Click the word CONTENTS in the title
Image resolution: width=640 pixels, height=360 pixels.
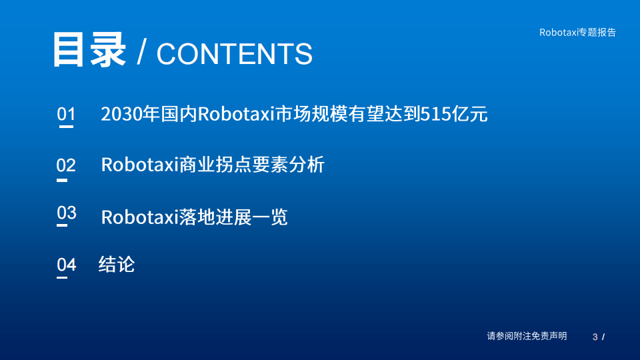pos(234,54)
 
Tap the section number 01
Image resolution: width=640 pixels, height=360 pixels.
pos(66,114)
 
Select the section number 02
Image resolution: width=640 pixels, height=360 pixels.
pos(66,165)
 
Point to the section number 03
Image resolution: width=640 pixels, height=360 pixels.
pos(67,213)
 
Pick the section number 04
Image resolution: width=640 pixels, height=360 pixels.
pos(66,265)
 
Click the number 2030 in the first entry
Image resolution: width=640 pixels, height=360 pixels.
pos(119,114)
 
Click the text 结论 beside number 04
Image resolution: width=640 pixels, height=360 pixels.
pos(117,264)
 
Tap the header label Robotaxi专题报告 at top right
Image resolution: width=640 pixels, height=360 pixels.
pos(577,32)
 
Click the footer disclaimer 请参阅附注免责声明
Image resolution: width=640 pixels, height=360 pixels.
pos(527,336)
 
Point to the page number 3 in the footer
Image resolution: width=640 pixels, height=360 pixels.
pos(595,337)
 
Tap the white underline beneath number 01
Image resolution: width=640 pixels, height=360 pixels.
pos(66,127)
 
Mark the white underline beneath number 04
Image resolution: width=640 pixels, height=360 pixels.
pos(62,277)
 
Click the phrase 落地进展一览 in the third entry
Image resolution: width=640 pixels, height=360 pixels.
pos(233,217)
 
